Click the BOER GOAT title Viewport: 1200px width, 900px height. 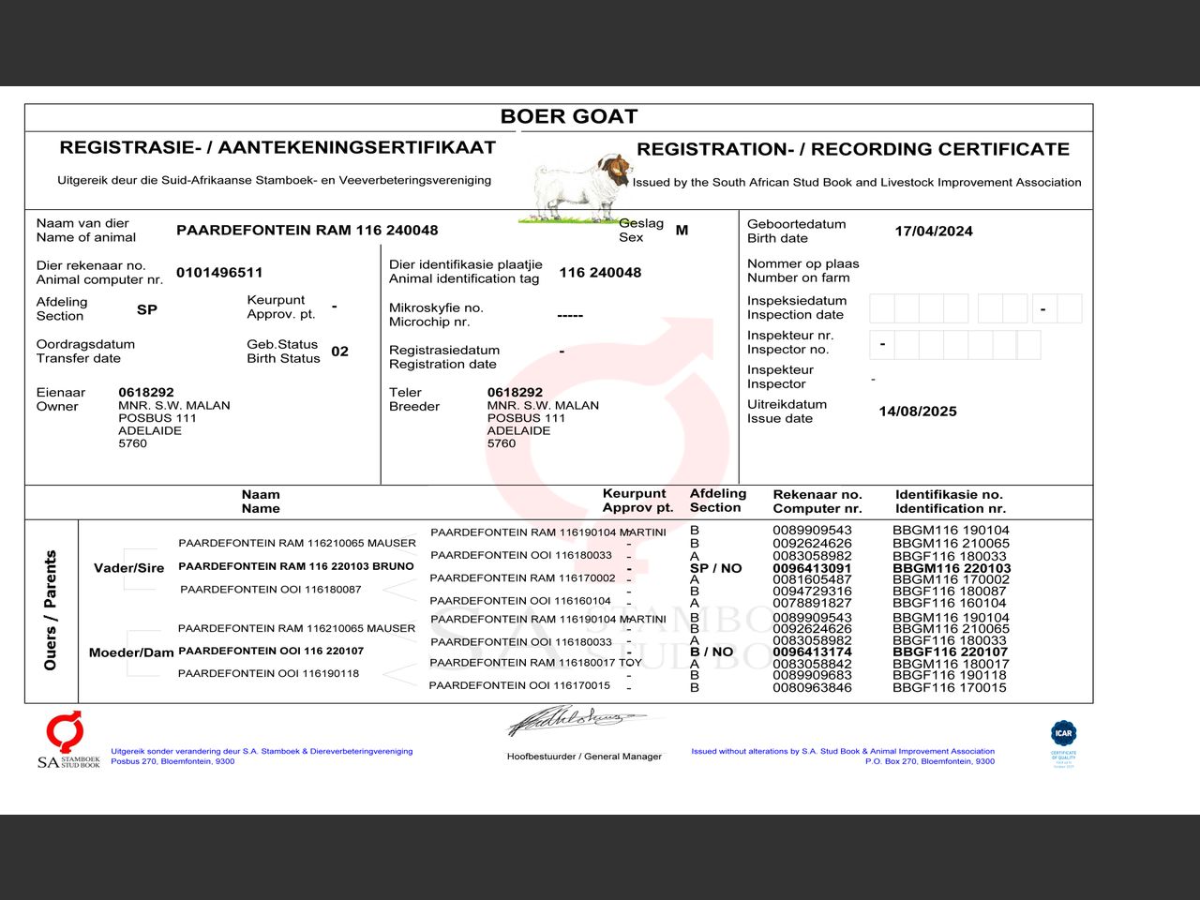pyautogui.click(x=569, y=116)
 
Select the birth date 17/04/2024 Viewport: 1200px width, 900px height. pyautogui.click(x=933, y=232)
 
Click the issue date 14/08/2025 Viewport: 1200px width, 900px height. pyautogui.click(x=918, y=412)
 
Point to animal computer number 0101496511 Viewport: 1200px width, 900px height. pyautogui.click(x=219, y=273)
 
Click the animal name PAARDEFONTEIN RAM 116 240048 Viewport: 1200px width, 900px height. pyautogui.click(x=307, y=231)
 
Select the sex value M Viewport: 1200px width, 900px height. pyautogui.click(x=682, y=231)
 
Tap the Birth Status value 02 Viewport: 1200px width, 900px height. pyautogui.click(x=339, y=352)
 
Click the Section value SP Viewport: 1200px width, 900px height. pyautogui.click(x=147, y=309)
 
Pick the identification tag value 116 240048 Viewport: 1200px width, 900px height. pyautogui.click(x=600, y=273)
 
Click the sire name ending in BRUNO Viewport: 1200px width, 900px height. pyautogui.click(x=295, y=566)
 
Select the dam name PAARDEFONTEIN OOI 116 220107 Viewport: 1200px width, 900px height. pyautogui.click(x=271, y=651)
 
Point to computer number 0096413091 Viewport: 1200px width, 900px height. pyautogui.click(x=812, y=568)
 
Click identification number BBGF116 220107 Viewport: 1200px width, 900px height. pyautogui.click(x=950, y=652)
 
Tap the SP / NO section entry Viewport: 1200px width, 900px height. pyautogui.click(x=715, y=568)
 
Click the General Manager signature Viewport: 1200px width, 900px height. pyautogui.click(x=577, y=721)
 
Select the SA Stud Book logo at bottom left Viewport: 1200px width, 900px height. pyautogui.click(x=67, y=741)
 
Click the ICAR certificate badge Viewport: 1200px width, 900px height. pyautogui.click(x=1063, y=743)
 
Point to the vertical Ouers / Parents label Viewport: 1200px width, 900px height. pyautogui.click(x=51, y=610)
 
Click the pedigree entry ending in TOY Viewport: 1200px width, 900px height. pyautogui.click(x=535, y=663)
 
